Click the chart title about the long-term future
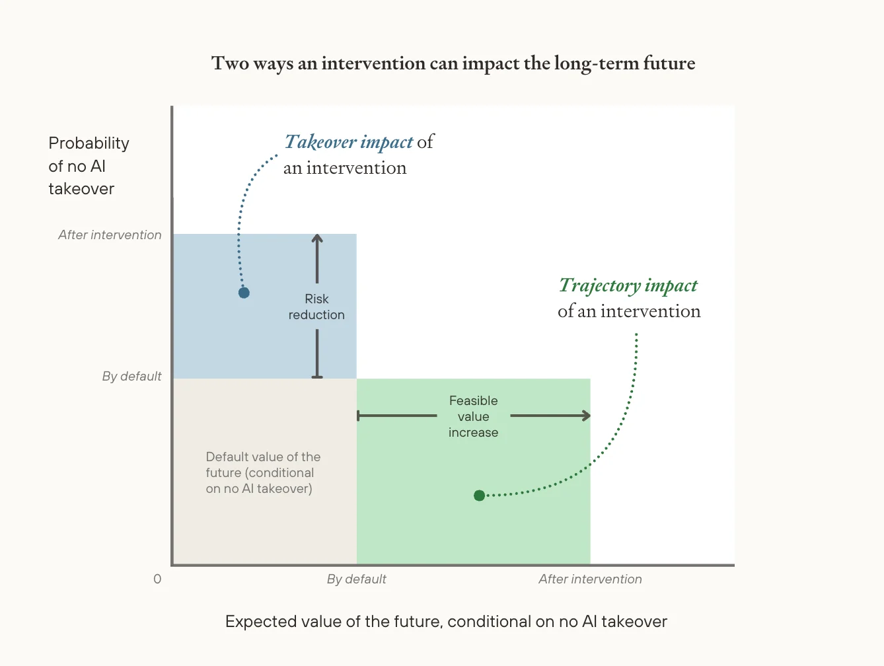click(x=453, y=63)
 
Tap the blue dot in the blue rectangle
click(x=244, y=293)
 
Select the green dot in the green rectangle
click(x=479, y=496)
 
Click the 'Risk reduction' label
click(x=316, y=307)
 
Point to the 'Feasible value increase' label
click(x=473, y=417)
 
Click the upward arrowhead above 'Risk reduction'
click(x=317, y=239)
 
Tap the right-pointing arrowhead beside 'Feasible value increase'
click(x=586, y=416)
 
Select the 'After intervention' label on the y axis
click(x=110, y=235)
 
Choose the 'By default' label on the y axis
click(x=131, y=376)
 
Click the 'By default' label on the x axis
click(x=356, y=579)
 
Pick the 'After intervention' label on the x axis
click(x=590, y=579)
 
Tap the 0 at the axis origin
click(x=157, y=579)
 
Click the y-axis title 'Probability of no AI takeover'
click(x=88, y=166)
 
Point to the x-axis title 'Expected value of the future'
click(x=446, y=622)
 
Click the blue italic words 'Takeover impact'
click(x=349, y=142)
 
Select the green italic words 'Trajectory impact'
click(x=628, y=285)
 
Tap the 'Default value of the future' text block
click(x=262, y=473)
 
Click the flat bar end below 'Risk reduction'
click(x=317, y=377)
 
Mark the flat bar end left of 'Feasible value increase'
click(x=358, y=416)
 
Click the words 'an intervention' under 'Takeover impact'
click(x=345, y=168)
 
